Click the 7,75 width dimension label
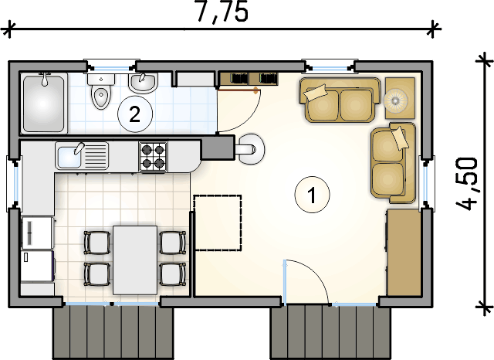222,12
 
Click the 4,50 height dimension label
467,184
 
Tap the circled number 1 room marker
312,195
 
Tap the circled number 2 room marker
135,114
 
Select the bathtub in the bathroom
44,103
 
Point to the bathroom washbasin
143,83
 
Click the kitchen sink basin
69,156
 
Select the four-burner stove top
153,156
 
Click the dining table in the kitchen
135,260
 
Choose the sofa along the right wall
393,163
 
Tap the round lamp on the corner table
396,100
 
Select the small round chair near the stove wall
251,149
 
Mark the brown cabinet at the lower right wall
404,253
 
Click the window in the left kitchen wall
14,183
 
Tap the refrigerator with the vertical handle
37,233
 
